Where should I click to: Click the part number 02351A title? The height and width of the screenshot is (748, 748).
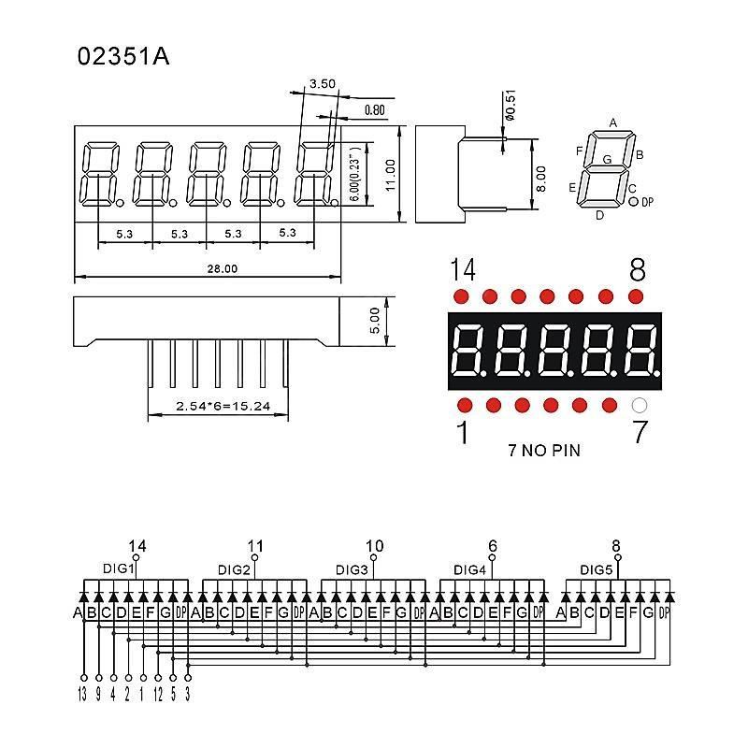(123, 56)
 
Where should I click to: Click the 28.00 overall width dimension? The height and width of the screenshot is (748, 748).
(222, 268)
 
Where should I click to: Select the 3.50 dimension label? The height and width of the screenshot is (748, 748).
(323, 84)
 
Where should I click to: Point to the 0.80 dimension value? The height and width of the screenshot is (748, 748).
(375, 110)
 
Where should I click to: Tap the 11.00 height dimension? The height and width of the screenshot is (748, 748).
(390, 175)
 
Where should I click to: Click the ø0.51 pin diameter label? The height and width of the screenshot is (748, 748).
(510, 106)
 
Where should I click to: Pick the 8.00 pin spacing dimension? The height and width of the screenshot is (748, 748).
(541, 179)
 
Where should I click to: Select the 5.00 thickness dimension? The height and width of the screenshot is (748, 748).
(375, 321)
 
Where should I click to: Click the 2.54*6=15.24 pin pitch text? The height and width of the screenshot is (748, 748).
(223, 406)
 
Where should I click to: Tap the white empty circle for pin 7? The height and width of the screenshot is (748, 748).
(640, 406)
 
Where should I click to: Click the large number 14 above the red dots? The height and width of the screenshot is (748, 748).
(463, 270)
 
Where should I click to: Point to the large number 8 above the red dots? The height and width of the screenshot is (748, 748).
(638, 269)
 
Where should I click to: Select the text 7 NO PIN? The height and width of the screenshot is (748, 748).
(544, 451)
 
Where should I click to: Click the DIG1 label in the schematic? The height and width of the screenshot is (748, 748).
(119, 568)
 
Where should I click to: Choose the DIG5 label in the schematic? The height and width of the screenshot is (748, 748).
(596, 569)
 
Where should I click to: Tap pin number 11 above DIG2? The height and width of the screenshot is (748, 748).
(255, 546)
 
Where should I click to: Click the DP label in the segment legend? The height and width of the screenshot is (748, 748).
(647, 202)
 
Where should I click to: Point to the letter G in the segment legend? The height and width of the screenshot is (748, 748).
(607, 159)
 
